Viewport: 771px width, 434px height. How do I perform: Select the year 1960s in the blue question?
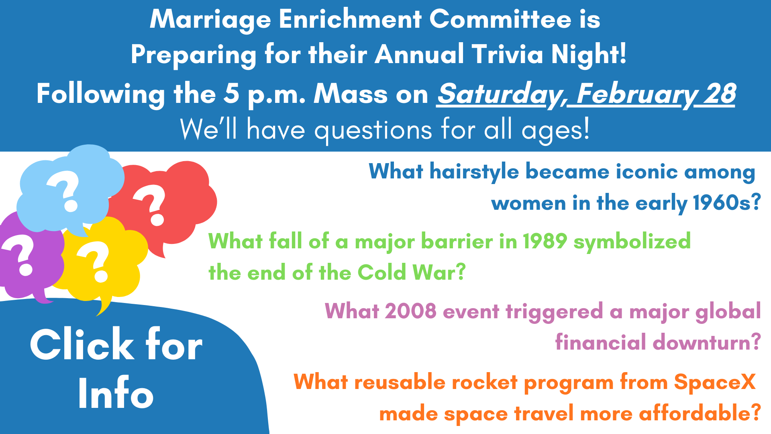pos(726,203)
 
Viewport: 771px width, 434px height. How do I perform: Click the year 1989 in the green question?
pos(545,241)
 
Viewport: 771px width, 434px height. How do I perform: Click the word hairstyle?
pos(474,172)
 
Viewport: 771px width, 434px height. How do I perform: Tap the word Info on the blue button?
pos(116,394)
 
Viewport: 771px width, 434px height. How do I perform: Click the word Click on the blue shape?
pos(83,344)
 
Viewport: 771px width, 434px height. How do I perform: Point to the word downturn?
pos(707,342)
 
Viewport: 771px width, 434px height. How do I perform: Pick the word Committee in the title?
pos(500,19)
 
